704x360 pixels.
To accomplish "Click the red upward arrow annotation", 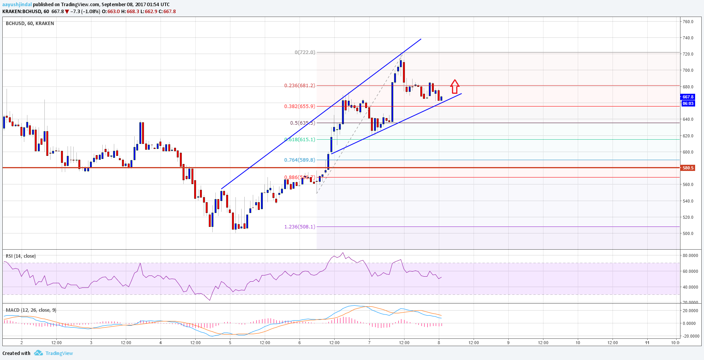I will pyautogui.click(x=455, y=87).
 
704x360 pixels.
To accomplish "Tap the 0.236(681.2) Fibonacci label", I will pyautogui.click(x=300, y=86).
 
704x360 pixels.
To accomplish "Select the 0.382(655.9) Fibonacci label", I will pyautogui.click(x=300, y=106).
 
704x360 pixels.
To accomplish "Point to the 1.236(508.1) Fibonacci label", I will pyautogui.click(x=300, y=227).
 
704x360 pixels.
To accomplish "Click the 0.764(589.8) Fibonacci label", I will pyautogui.click(x=300, y=160).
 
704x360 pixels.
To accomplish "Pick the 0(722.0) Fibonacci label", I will pyautogui.click(x=305, y=52).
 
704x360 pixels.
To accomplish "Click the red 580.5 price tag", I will pyautogui.click(x=688, y=168).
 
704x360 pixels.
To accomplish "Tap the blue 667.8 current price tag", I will pyautogui.click(x=688, y=97).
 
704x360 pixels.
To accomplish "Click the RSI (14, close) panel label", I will pyautogui.click(x=21, y=256).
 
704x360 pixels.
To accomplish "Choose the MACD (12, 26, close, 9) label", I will pyautogui.click(x=31, y=310).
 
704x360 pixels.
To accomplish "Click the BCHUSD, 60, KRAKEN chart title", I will pyautogui.click(x=30, y=24).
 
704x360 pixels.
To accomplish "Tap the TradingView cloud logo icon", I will pyautogui.click(x=38, y=353).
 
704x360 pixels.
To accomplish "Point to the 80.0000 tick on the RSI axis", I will pyautogui.click(x=690, y=255).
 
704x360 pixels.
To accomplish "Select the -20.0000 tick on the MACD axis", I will pyautogui.click(x=690, y=336).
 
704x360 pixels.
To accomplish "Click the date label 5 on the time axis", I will pyautogui.click(x=230, y=343).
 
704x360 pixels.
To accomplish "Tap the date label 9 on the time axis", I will pyautogui.click(x=508, y=343).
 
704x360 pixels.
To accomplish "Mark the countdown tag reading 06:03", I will pyautogui.click(x=688, y=103).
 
